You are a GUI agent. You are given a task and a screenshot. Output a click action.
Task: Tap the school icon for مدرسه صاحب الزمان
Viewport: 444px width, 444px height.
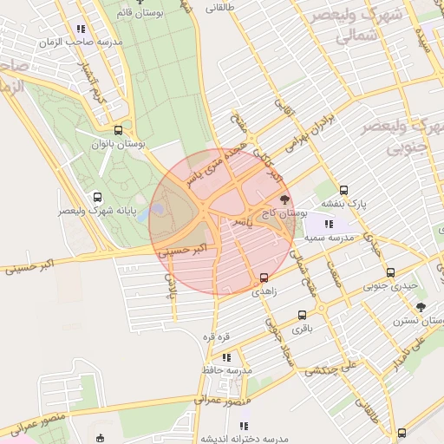(x=81, y=29)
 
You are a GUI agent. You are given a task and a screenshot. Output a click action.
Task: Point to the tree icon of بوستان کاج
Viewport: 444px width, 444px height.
(x=285, y=200)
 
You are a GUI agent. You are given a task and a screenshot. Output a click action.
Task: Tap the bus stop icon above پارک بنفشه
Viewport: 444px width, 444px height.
(x=343, y=190)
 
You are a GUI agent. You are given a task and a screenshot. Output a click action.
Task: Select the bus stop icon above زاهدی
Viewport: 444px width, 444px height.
(x=264, y=278)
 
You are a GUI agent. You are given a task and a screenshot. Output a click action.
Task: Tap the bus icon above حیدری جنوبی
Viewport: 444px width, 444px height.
(x=390, y=272)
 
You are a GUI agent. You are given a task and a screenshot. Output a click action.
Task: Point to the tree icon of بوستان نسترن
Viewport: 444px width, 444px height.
(x=421, y=308)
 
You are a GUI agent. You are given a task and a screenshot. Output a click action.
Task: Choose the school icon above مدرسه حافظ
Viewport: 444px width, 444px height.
(x=226, y=356)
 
